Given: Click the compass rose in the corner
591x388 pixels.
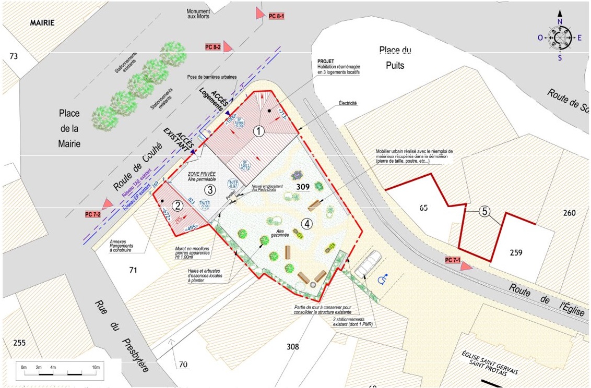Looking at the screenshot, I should [560, 38].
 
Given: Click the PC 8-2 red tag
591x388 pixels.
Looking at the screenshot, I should [213, 47].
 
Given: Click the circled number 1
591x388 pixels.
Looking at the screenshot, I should [258, 132].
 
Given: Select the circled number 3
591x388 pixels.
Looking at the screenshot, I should [209, 190].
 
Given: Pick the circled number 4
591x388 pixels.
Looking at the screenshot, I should [307, 224].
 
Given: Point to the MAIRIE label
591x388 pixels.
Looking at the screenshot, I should [42, 23].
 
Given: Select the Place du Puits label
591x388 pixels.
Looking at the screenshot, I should [395, 57].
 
